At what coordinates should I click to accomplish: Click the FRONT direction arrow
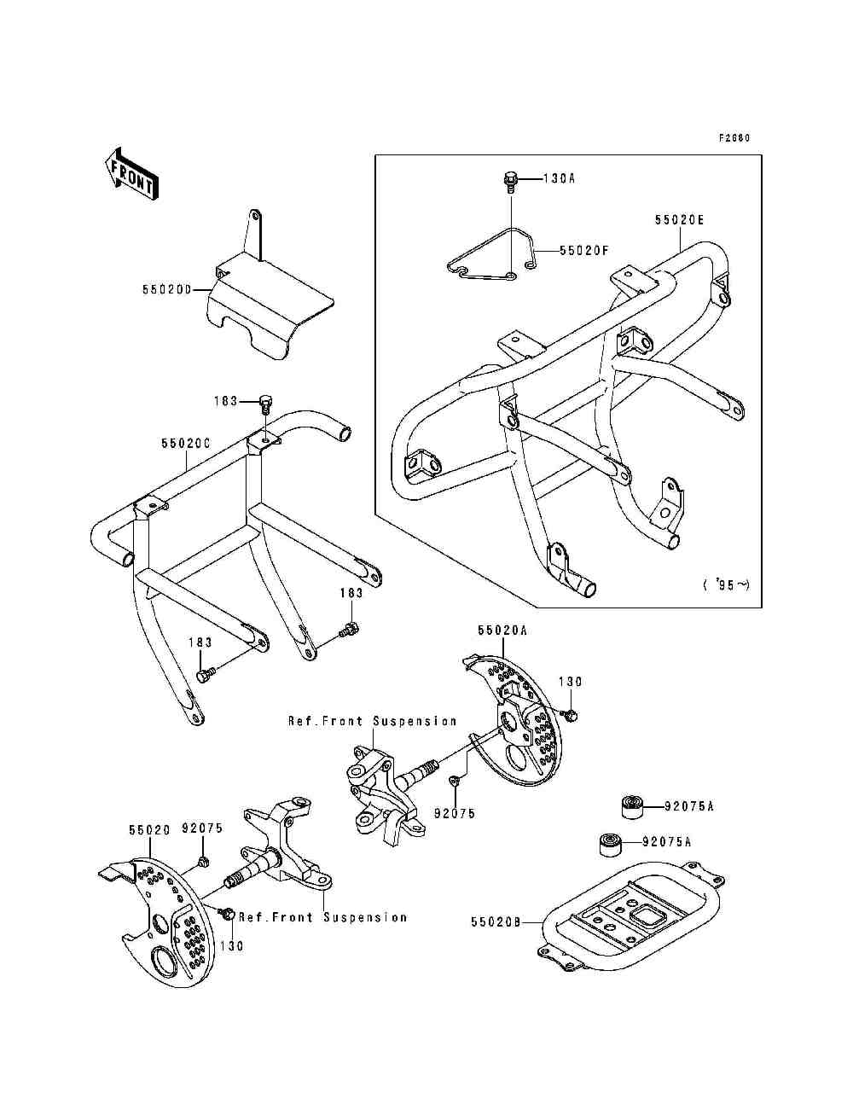(130, 175)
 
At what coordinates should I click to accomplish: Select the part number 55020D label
(166, 290)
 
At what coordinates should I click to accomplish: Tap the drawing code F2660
(734, 137)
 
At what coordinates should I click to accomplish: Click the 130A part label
(560, 179)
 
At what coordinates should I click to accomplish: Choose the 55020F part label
(585, 251)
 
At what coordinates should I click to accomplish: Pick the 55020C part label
(185, 444)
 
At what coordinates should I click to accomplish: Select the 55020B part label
(496, 921)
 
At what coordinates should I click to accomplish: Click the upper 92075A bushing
(631, 805)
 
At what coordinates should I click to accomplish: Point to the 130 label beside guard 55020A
(570, 682)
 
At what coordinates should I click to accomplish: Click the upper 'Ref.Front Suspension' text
(372, 721)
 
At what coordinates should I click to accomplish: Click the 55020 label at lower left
(150, 828)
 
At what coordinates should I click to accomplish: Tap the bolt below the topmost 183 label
(265, 402)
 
